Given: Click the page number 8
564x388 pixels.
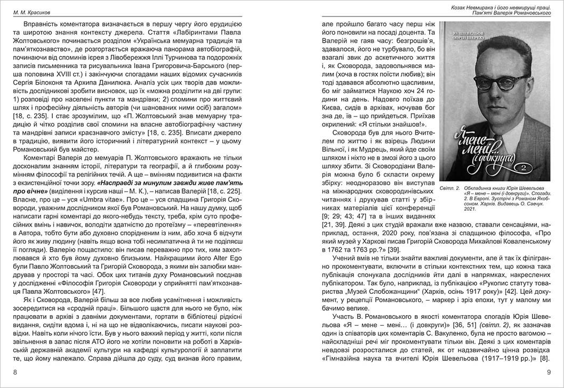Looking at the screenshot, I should tap(15, 373).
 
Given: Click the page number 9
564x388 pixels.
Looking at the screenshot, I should tap(549, 373).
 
